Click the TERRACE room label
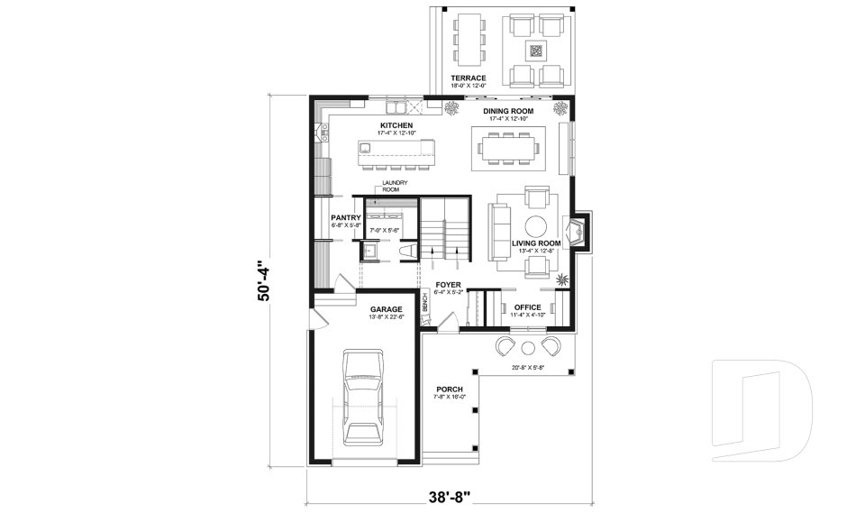[469, 78]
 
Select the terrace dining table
[468, 39]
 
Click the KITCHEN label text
[396, 125]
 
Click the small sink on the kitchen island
[367, 146]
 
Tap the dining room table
[510, 147]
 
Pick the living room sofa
[499, 230]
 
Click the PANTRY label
[345, 217]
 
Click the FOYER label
[448, 285]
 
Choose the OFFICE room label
[527, 307]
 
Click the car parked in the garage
[363, 398]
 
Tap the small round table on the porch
[529, 347]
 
